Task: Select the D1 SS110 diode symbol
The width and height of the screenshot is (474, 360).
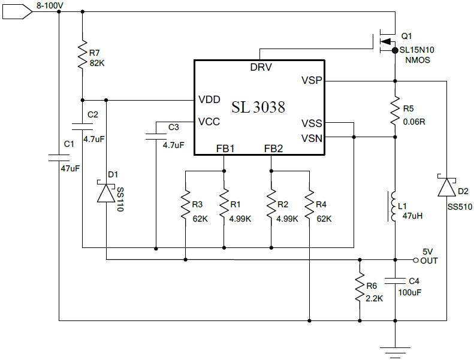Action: [106, 193]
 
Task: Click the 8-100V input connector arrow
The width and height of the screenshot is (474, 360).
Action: [17, 11]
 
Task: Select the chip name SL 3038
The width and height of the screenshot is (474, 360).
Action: [258, 107]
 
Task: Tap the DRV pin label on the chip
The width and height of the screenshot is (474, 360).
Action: [261, 67]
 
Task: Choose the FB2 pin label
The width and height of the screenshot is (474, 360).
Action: [274, 148]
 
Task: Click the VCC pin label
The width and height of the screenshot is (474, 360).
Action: [209, 122]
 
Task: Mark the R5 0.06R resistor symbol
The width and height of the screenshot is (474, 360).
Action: [395, 111]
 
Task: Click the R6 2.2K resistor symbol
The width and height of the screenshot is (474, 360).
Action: [360, 289]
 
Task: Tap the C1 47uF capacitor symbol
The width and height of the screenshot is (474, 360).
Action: [59, 159]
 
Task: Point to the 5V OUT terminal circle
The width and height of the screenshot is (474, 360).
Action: [415, 259]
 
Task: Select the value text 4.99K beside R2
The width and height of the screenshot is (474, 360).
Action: [287, 219]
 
